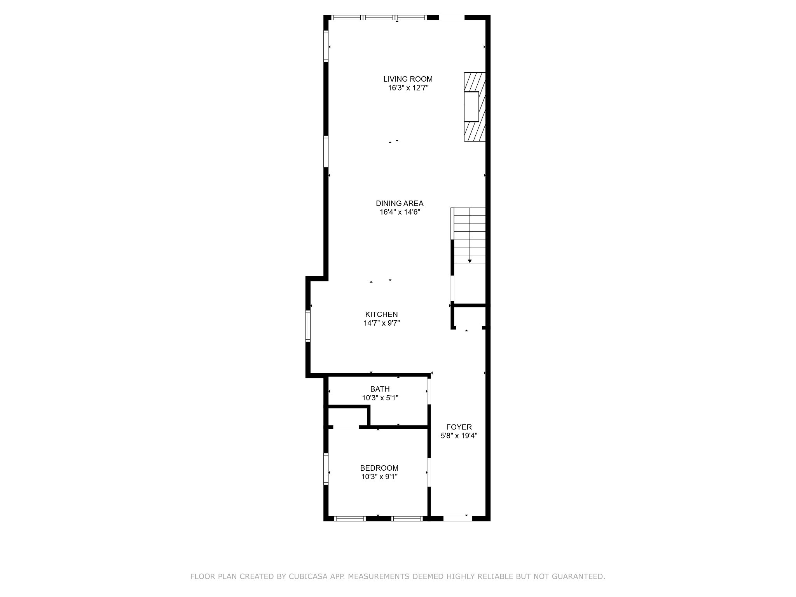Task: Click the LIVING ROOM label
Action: point(408,79)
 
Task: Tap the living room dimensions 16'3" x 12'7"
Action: point(408,88)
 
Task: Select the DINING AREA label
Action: point(400,203)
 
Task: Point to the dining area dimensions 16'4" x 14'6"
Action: point(400,212)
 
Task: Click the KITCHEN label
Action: point(381,314)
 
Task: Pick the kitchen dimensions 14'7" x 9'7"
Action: point(381,323)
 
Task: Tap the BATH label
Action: point(380,389)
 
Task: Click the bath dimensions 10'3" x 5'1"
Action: point(380,398)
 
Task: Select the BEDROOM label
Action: point(379,468)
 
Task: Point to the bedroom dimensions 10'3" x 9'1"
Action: point(379,477)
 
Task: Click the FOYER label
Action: point(459,427)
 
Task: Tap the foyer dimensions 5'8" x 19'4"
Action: point(459,436)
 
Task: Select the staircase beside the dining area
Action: point(468,236)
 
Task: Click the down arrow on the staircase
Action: point(470,261)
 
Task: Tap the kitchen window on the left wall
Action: point(308,326)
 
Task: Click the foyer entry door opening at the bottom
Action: point(457,518)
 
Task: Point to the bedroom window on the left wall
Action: point(326,469)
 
